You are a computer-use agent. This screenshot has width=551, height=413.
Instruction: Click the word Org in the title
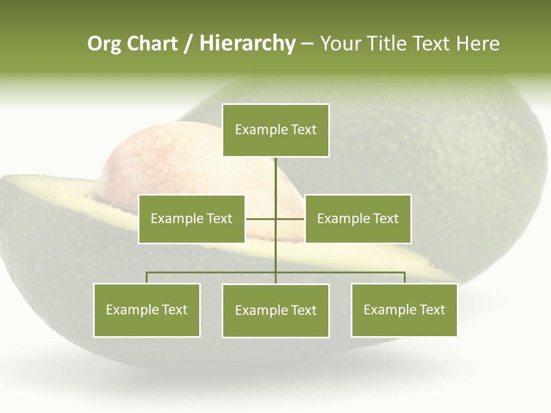tap(104, 44)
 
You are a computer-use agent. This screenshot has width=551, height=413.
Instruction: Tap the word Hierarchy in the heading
tap(247, 44)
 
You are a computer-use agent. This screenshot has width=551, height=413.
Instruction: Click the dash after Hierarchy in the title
tap(307, 44)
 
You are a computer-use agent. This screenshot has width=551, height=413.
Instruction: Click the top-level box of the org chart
tap(275, 130)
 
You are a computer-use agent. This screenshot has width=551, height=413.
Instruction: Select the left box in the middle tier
tap(192, 219)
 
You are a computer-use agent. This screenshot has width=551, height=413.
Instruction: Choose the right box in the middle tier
tap(358, 219)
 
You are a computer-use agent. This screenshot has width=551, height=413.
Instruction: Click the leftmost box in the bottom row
tap(147, 310)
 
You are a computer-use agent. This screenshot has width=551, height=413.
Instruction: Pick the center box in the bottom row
tap(275, 310)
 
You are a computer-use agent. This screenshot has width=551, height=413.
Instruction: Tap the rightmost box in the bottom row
tap(404, 310)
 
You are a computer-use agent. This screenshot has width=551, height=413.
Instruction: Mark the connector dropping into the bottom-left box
tap(147, 278)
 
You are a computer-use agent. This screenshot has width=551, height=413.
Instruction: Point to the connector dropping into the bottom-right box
tap(405, 278)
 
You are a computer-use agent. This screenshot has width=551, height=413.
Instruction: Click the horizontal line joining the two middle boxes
tap(261, 219)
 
